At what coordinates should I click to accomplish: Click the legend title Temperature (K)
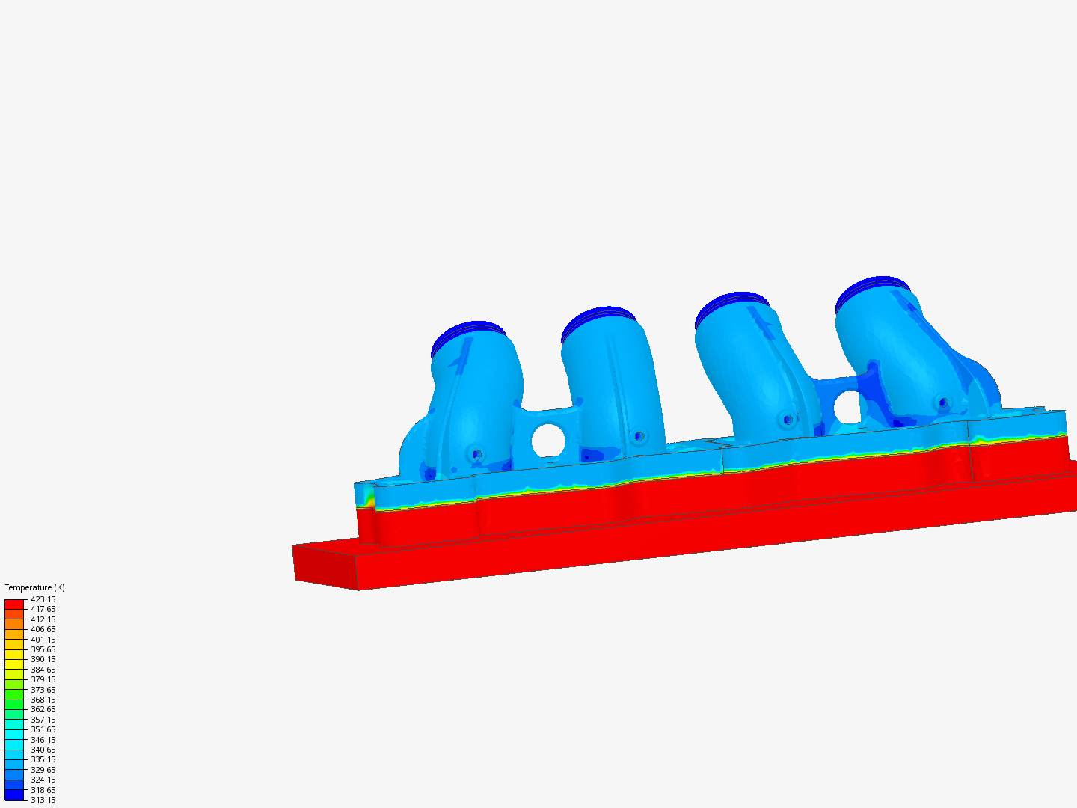(34, 587)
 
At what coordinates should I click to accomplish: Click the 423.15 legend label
(43, 599)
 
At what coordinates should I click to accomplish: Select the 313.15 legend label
(43, 800)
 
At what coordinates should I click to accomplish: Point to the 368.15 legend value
(43, 700)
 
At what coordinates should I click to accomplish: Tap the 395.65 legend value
(43, 649)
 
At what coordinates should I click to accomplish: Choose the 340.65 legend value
(43, 750)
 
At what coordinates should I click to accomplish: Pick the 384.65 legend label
(43, 670)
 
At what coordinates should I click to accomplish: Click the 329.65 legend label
(43, 770)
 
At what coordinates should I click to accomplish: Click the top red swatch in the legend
(14, 604)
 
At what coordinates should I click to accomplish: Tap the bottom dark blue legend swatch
(14, 795)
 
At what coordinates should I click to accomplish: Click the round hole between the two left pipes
(549, 441)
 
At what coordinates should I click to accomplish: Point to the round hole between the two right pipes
(847, 407)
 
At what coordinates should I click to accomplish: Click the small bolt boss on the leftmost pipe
(476, 453)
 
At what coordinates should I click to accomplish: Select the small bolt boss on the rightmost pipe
(944, 403)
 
